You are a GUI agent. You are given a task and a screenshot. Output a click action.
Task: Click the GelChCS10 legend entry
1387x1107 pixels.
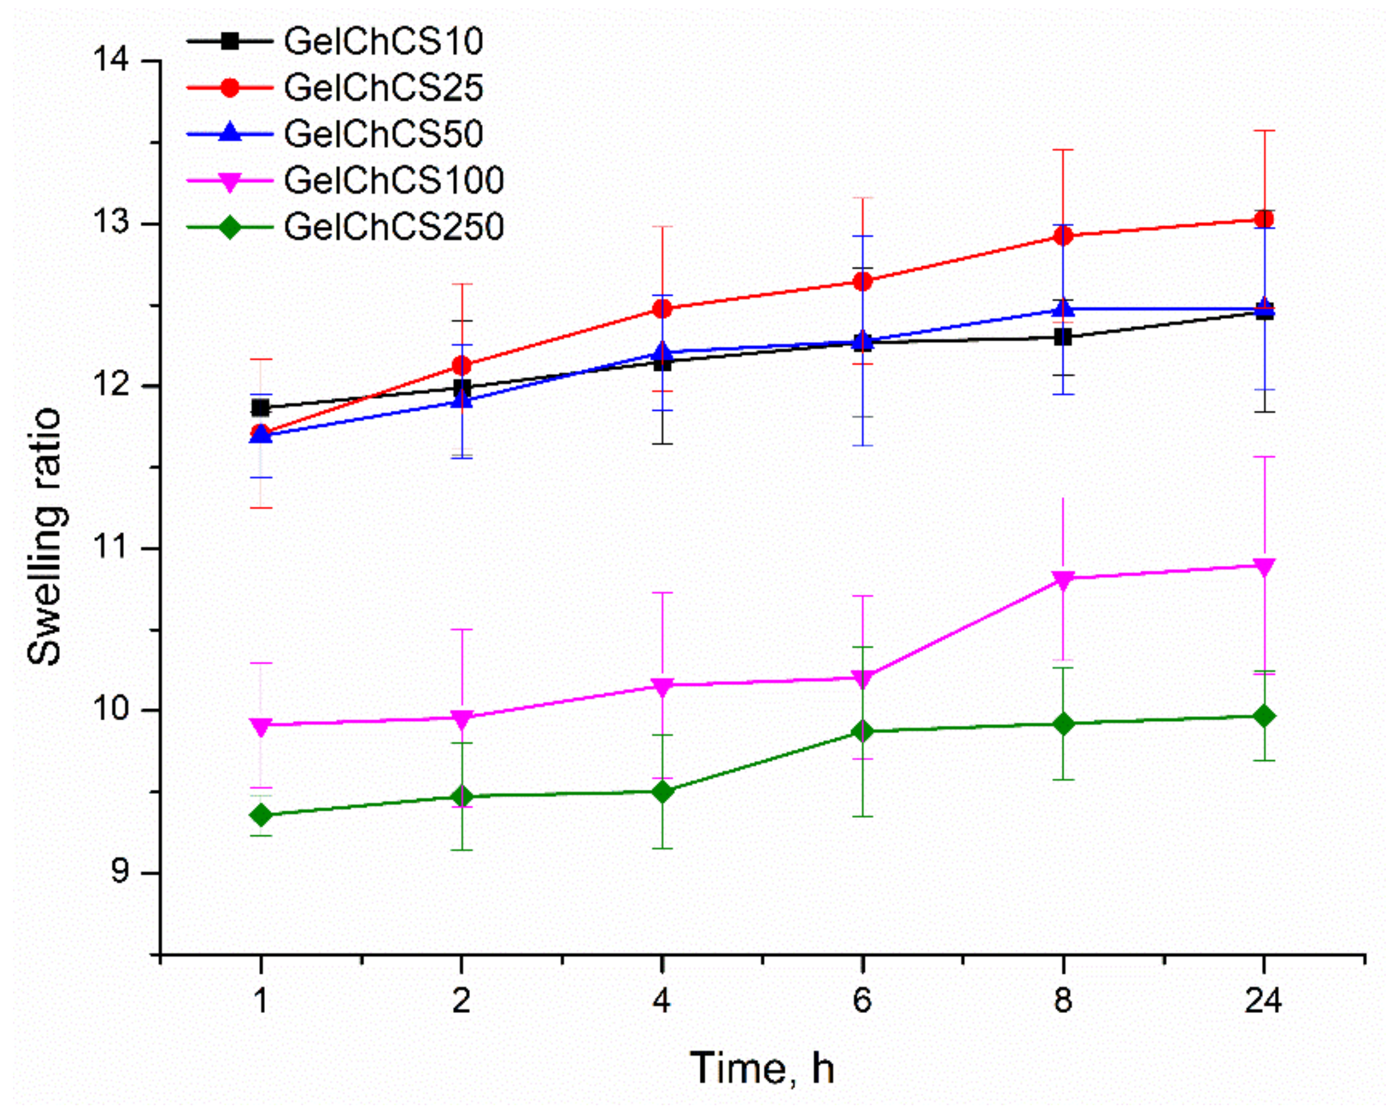pos(384,42)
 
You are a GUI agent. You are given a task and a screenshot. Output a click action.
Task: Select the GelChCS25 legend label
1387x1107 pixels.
pos(384,88)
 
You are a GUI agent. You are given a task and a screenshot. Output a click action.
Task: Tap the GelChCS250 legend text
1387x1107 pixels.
pos(394,227)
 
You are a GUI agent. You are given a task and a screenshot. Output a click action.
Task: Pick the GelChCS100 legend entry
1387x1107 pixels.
pos(394,181)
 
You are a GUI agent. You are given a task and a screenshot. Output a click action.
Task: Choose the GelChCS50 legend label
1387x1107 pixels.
pos(384,135)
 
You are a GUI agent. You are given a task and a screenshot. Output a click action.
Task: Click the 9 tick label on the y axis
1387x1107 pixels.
pos(120,873)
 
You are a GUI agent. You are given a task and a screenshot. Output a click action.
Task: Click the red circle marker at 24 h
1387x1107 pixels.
pos(1264,220)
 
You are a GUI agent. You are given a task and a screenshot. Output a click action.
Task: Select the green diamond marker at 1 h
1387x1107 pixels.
pos(261,816)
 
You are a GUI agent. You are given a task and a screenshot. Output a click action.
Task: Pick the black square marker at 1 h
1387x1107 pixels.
pos(261,408)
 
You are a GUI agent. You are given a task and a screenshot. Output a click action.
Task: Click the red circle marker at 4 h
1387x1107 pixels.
pos(662,309)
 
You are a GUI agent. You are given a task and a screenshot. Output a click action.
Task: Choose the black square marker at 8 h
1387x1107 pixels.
pos(1063,337)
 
